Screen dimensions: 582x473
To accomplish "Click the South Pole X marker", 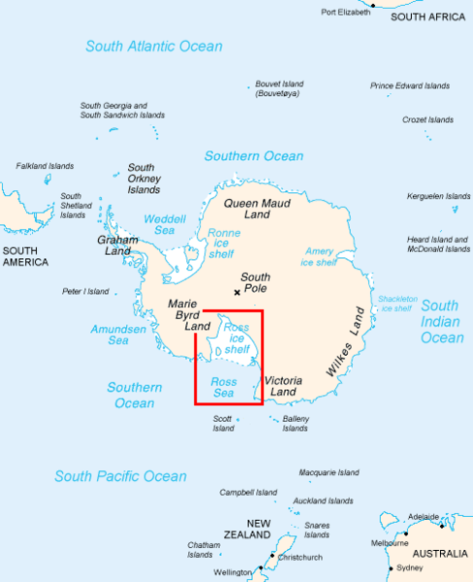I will [x=236, y=292].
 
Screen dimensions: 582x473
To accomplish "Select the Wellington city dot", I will [x=260, y=570].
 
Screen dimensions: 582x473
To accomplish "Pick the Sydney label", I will [x=411, y=567].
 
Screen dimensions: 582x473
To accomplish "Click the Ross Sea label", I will [x=224, y=388].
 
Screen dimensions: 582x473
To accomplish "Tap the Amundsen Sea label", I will [x=110, y=335].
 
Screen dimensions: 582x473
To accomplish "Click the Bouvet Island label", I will [x=280, y=89].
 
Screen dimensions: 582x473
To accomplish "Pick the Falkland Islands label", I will [x=45, y=167].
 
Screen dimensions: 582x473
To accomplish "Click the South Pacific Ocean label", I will [x=120, y=476].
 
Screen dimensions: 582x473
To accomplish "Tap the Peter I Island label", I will [x=84, y=290].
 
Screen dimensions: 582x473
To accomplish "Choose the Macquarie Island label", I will [x=329, y=472].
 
